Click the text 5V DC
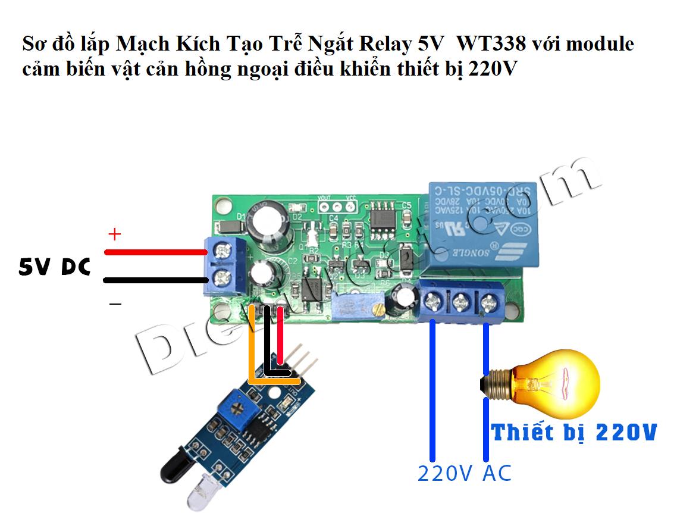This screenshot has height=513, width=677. pos(54,268)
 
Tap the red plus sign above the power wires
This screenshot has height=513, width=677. pos(114,234)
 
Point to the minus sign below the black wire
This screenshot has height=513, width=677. pos(115,305)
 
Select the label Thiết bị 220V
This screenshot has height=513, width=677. pos(574,432)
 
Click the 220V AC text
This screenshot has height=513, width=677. pos(464,474)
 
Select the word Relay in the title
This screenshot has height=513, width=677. pos(385,44)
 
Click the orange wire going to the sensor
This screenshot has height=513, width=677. pos(252,345)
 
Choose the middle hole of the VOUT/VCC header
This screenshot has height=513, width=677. pos(336,207)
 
